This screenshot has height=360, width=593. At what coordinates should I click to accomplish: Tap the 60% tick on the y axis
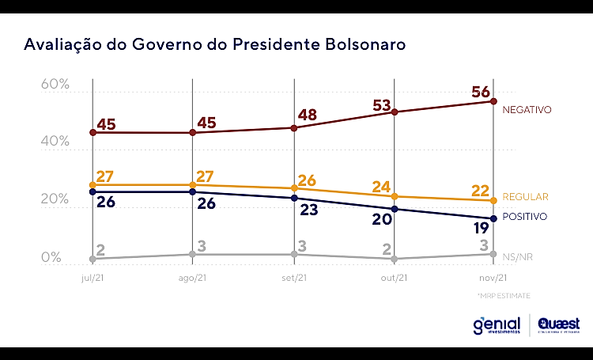pos(55,84)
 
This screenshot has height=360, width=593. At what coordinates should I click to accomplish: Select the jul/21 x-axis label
pos(93,278)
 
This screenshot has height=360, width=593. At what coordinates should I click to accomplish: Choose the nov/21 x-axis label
pos(493,278)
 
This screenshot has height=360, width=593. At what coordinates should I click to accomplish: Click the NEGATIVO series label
pos(527,110)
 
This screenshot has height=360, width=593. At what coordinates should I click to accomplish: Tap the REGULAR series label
pos(525,195)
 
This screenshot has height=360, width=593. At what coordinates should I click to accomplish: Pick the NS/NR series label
pos(520,255)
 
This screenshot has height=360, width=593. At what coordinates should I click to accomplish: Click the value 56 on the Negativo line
pos(482,92)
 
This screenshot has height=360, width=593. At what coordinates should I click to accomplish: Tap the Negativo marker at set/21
pos(293,128)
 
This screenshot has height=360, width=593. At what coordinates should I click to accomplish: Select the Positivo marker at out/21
pos(394,209)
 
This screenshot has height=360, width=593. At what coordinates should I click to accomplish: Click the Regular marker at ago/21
pos(193,185)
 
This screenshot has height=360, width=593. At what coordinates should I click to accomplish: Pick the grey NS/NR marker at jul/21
pos(93,259)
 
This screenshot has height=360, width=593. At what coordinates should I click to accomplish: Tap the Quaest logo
pos(558,325)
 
